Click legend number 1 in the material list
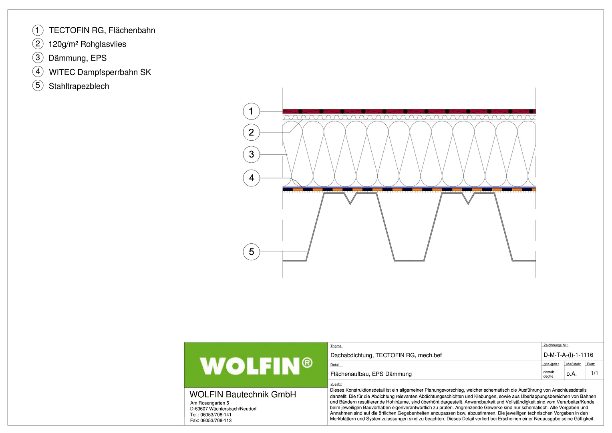[38, 30]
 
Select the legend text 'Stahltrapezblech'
[79, 86]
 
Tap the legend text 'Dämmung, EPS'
[78, 58]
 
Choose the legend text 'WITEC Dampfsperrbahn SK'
[100, 72]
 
